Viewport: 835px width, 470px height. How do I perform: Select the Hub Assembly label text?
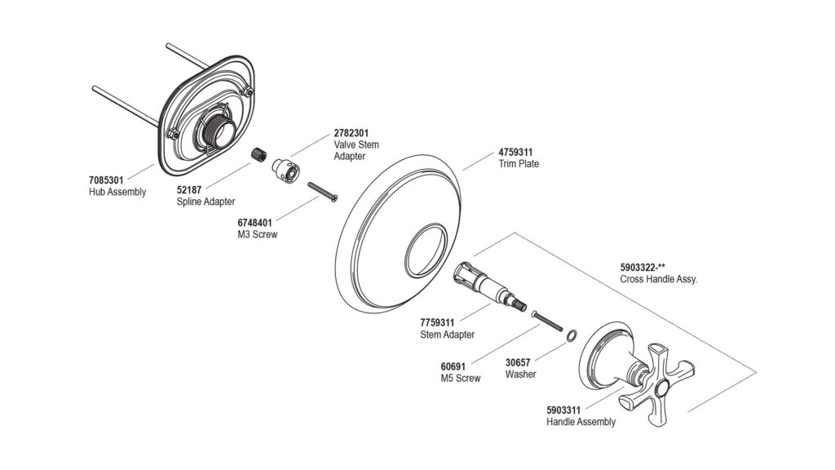click(x=117, y=192)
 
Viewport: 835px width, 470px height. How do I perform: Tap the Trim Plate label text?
click(x=519, y=163)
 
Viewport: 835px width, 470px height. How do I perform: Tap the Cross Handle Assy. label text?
click(x=659, y=278)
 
